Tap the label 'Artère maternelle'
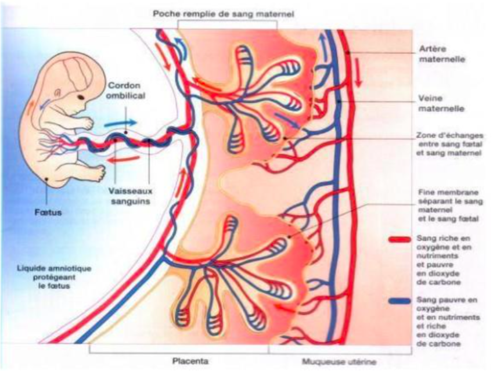coord(438,54)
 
